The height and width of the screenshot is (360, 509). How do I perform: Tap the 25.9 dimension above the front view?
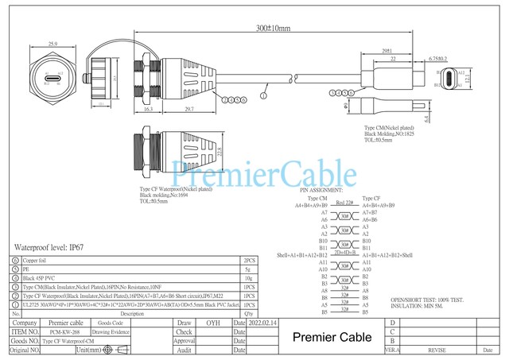pos(53,44)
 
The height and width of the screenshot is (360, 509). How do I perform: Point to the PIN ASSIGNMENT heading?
pos(321,192)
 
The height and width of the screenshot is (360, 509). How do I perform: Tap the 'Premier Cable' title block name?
pos(332,338)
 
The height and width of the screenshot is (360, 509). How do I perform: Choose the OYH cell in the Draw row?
pos(213,323)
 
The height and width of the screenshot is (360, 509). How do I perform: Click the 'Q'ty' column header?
pos(249,314)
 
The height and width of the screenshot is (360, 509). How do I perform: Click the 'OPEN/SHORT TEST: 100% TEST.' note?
pos(426,299)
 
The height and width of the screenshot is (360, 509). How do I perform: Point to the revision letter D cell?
pos(393,323)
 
